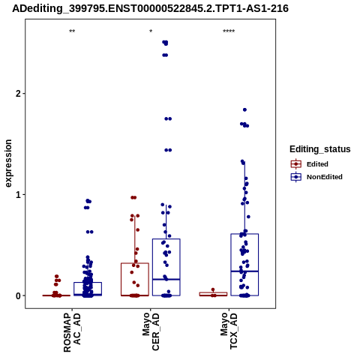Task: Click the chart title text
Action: point(150,8)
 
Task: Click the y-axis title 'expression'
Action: point(8,163)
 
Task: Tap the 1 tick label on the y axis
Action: point(18,194)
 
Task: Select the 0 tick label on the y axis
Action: point(18,295)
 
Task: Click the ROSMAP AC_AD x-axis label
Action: point(72,332)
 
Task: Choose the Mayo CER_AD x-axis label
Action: point(151,332)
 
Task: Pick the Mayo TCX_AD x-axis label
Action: point(229,331)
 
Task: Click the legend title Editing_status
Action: point(320,149)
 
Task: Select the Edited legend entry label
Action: point(317,164)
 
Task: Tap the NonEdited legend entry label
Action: point(325,177)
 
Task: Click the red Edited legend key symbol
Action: point(296,164)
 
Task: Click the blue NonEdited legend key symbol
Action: point(296,177)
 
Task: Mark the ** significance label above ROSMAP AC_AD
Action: point(72,31)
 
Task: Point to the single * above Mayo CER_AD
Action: point(151,31)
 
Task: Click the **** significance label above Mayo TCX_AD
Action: point(229,31)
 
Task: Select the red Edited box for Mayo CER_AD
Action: point(135,263)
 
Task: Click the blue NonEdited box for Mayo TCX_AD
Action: point(244,234)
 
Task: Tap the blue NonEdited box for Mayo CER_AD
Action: point(166,239)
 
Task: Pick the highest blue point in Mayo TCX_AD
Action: point(244,109)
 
